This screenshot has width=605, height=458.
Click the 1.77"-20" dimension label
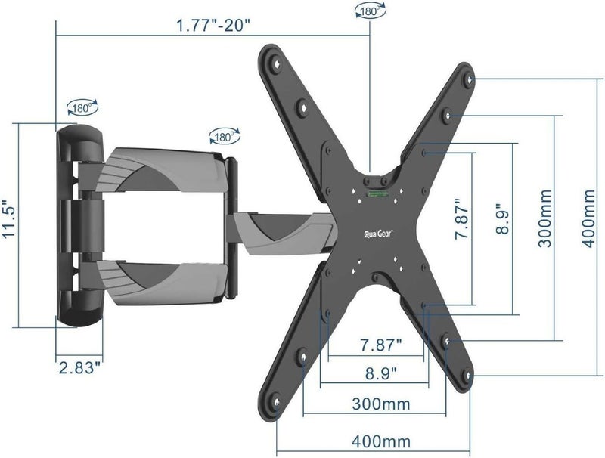[x=213, y=26]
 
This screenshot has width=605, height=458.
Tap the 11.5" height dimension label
[x=9, y=219]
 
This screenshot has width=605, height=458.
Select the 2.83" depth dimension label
[x=82, y=367]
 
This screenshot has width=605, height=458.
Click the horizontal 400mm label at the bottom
[x=381, y=441]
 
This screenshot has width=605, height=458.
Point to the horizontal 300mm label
[x=381, y=404]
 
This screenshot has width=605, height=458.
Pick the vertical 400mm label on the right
[x=588, y=218]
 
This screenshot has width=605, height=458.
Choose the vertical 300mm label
[x=545, y=218]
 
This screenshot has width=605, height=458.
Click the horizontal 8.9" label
[x=381, y=373]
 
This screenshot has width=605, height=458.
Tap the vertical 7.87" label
[x=462, y=219]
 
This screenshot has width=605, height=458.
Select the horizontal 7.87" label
[x=381, y=345]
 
